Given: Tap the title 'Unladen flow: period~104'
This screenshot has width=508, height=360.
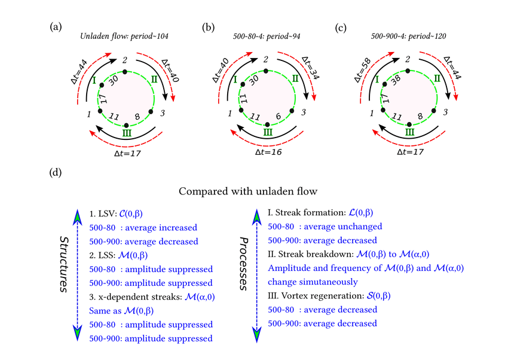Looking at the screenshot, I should click(x=124, y=37).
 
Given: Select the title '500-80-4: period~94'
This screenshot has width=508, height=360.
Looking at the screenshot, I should click(x=267, y=37).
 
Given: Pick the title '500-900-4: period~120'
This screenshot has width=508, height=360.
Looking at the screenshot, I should click(x=409, y=37).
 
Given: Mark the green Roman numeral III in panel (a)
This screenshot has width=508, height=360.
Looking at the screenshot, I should click(x=126, y=133).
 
